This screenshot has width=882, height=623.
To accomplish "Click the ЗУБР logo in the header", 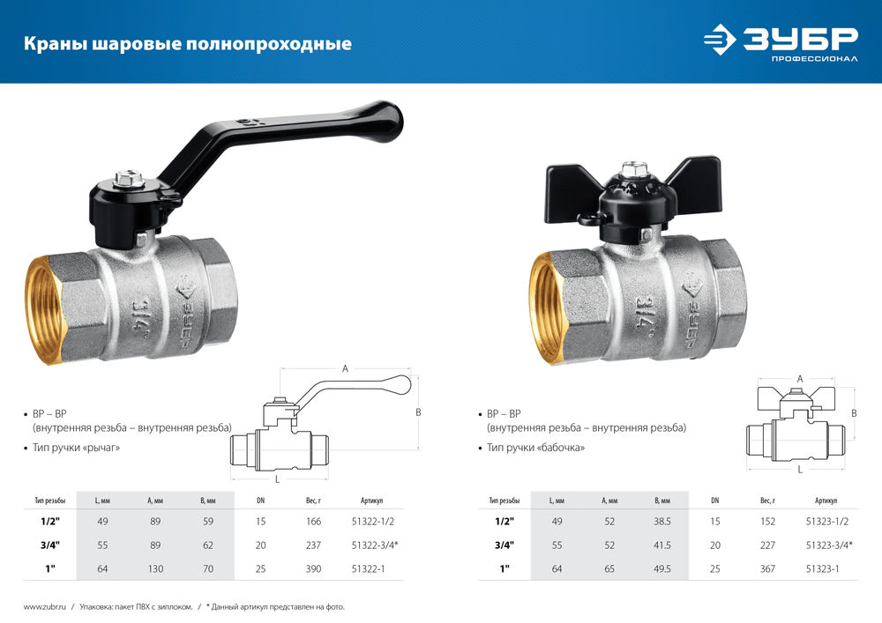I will pos(781,41).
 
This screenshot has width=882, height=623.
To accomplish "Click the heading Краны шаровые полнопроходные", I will pos(187,43).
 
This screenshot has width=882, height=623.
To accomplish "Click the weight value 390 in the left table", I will pos(311,569).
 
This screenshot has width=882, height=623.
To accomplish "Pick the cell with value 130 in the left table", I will pos(155,569).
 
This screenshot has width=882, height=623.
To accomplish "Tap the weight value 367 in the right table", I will pos(767,569).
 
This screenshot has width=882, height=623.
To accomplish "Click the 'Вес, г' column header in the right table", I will pos(767,500).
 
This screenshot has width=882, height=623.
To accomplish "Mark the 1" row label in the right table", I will pos(505,569).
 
